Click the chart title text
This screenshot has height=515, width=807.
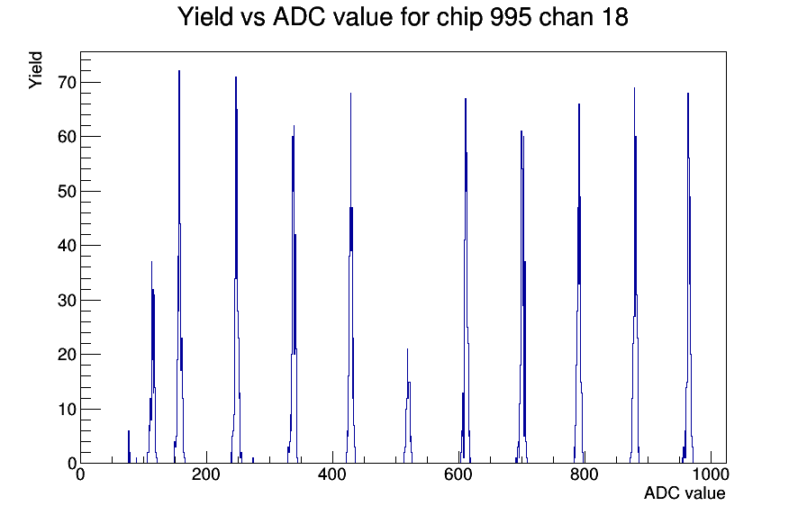pos(403,17)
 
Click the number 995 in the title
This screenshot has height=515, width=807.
pos(511,16)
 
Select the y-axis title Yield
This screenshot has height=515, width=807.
pos(35,70)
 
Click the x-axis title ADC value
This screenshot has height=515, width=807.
pos(685,492)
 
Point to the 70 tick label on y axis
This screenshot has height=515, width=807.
pos(67,82)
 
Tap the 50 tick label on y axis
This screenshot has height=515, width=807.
pos(67,192)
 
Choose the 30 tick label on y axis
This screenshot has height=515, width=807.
pos(67,300)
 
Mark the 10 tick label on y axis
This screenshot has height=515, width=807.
pos(67,409)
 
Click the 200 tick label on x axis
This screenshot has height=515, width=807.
pos(206,474)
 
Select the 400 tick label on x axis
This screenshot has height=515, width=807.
pos(332,474)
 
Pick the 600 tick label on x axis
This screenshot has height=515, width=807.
pos(458,474)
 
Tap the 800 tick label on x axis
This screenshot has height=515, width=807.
pos(585,474)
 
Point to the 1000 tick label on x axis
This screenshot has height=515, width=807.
pos(711,474)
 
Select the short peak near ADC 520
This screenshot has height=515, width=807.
pos(408,406)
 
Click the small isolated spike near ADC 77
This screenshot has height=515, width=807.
pos(129,447)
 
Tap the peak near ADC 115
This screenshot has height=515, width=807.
pos(152,360)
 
